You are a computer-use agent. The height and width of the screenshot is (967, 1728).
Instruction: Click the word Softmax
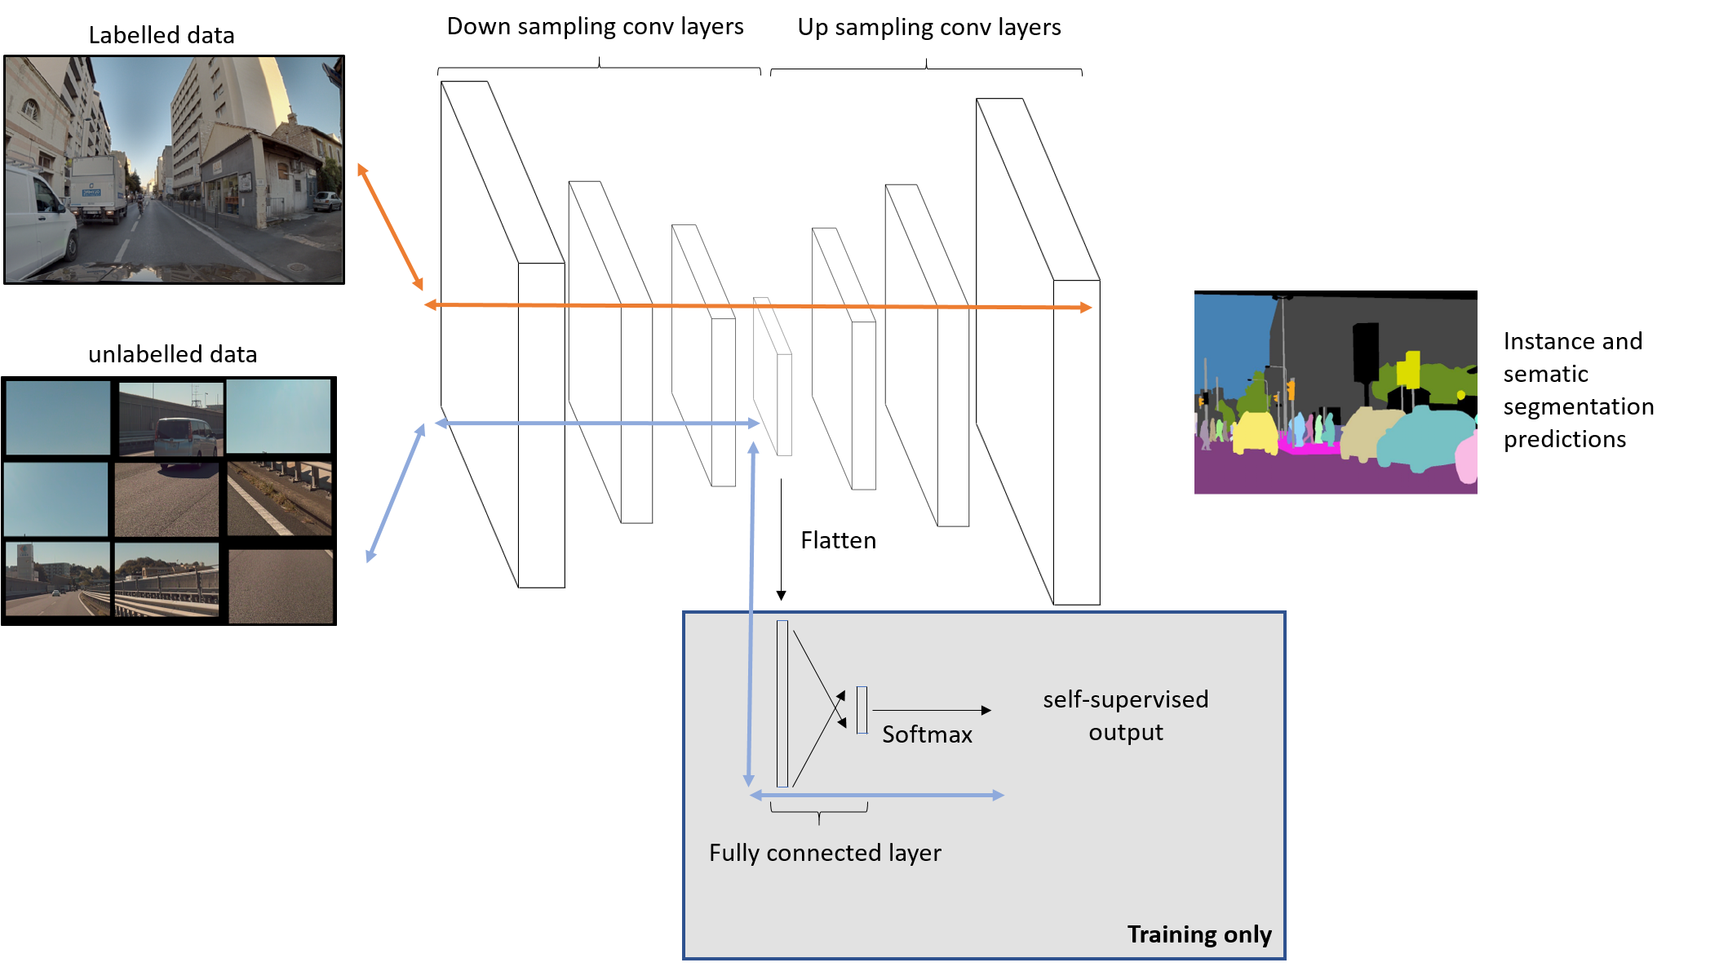927,734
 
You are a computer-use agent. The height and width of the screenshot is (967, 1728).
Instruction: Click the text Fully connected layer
824,853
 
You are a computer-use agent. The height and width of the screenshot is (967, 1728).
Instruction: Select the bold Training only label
1199,934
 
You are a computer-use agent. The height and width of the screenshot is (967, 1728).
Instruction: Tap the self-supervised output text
1125,715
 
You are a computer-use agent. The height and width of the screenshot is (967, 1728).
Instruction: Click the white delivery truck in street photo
98,188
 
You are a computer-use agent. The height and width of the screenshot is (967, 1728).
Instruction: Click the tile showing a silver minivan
171,419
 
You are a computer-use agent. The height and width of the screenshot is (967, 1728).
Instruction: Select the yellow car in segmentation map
1255,432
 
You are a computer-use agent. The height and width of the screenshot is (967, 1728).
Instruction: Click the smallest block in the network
773,376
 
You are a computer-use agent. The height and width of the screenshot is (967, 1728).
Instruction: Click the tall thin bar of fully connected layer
782,703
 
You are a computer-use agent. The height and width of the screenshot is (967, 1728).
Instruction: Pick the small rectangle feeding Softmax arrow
862,710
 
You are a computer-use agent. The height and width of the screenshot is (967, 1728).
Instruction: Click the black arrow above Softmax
930,710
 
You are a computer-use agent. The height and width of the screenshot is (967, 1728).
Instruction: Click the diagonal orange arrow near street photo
390,227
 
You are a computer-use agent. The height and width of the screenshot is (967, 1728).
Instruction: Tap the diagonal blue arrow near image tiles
396,494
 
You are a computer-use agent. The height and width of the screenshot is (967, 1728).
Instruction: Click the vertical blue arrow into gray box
751,612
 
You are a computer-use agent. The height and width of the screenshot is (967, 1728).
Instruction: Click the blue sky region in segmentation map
1230,335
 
